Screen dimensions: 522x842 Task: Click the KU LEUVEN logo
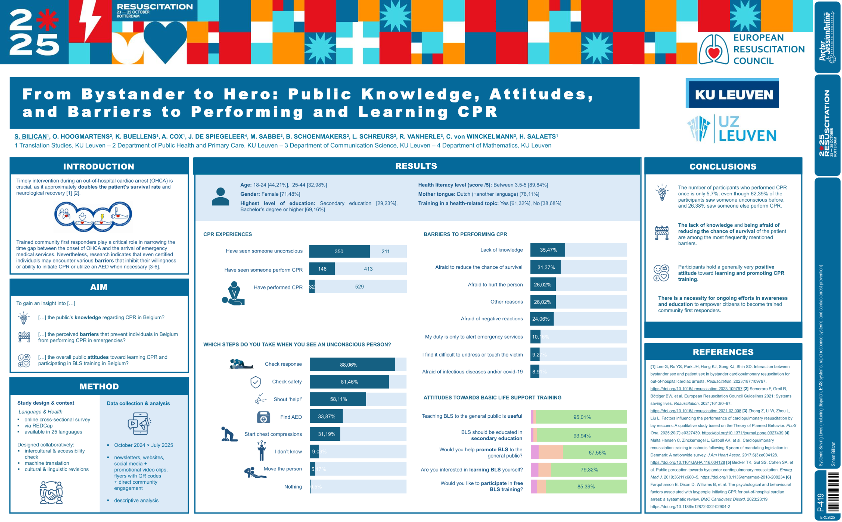tap(732, 94)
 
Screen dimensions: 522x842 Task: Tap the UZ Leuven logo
tap(732, 129)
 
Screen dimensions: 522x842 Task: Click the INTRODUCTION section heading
tap(98, 167)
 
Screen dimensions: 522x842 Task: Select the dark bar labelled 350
tap(339, 251)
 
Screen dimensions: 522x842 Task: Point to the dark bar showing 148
tap(322, 269)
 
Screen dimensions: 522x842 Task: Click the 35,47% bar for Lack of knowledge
tap(547, 250)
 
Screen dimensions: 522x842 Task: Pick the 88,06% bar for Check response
tap(352, 365)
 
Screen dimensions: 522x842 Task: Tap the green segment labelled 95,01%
tap(581, 417)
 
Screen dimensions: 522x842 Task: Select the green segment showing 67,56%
tap(595, 453)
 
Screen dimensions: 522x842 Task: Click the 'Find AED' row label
tap(291, 417)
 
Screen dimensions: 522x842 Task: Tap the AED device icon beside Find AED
tap(263, 417)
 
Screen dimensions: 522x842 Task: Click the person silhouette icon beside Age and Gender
tap(220, 196)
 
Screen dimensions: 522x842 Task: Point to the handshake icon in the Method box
tap(51, 492)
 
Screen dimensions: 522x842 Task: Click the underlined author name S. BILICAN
tap(31, 136)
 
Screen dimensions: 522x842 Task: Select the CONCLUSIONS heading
tap(723, 167)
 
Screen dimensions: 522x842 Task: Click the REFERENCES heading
tap(723, 352)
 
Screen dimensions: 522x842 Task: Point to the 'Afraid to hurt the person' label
tap(495, 285)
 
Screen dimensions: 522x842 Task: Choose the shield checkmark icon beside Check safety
tap(256, 382)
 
